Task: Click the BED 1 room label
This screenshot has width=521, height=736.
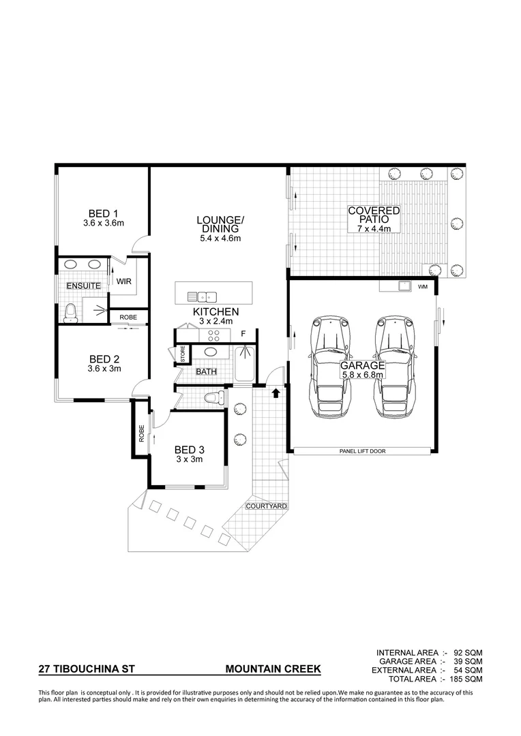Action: (103, 212)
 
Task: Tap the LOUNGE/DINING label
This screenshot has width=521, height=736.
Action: (220, 224)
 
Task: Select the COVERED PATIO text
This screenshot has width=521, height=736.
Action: (374, 215)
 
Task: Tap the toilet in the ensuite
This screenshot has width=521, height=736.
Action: (70, 312)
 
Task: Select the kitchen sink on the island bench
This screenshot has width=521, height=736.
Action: (202, 296)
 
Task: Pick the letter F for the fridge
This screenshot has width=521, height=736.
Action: (243, 334)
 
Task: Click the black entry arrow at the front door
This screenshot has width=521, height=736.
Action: (276, 393)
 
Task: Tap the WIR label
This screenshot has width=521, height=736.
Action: (123, 280)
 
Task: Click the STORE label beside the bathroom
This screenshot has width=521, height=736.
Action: (183, 354)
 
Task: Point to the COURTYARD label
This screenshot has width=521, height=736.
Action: (267, 506)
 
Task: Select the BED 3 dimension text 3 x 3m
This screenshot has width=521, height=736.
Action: (189, 459)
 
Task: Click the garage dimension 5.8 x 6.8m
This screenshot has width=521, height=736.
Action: (363, 374)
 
